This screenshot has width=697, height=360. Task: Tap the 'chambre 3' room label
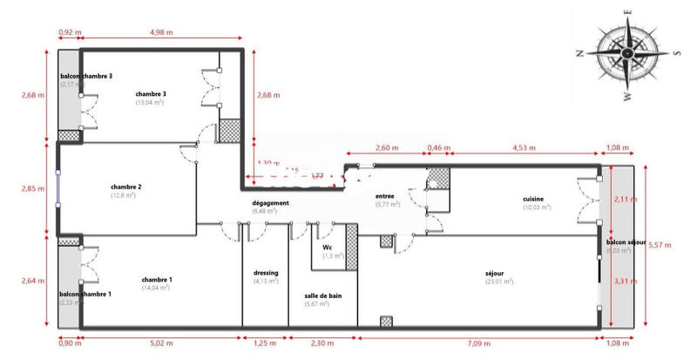pyautogui.click(x=151, y=93)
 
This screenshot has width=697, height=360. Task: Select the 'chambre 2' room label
pyautogui.click(x=126, y=187)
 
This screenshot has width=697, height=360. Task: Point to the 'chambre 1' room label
pyautogui.click(x=157, y=279)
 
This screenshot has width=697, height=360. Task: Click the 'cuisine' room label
pyautogui.click(x=535, y=198)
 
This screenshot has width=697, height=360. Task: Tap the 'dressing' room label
pyautogui.click(x=266, y=272)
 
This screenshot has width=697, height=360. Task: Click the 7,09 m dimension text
pyautogui.click(x=478, y=344)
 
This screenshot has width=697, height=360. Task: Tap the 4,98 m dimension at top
pyautogui.click(x=156, y=33)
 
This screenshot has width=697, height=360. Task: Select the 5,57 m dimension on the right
pyautogui.click(x=660, y=245)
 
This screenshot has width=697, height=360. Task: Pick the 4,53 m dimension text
pyautogui.click(x=524, y=147)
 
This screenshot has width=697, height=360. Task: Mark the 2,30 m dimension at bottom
pyautogui.click(x=322, y=344)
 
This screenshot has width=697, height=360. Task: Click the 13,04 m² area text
pyautogui.click(x=150, y=103)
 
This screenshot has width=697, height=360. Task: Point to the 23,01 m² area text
pyautogui.click(x=499, y=282)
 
